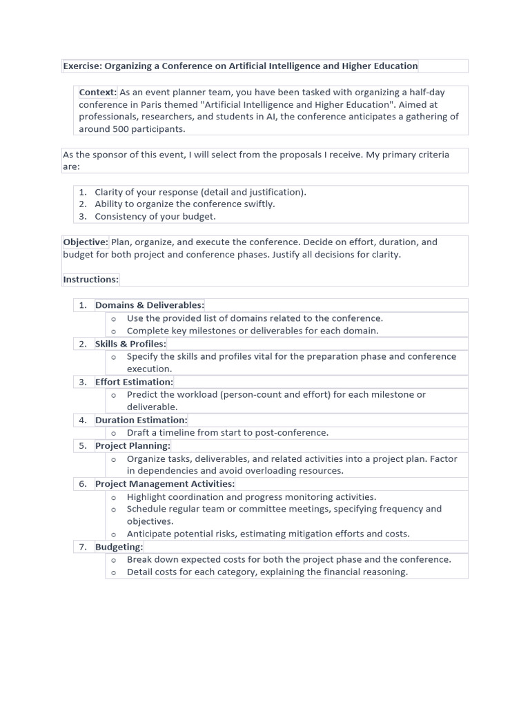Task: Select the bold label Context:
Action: [x=98, y=93]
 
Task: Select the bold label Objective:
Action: [x=86, y=242]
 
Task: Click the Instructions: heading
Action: [x=91, y=280]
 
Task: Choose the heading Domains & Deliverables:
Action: [x=150, y=305]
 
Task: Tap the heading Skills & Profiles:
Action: [x=130, y=344]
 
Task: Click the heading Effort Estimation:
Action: [x=134, y=382]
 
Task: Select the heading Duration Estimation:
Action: [x=141, y=420]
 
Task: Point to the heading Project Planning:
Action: [x=132, y=446]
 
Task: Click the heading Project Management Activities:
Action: [x=165, y=484]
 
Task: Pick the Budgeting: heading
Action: [x=119, y=547]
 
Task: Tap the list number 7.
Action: [x=82, y=547]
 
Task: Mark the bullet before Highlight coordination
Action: [x=113, y=497]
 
